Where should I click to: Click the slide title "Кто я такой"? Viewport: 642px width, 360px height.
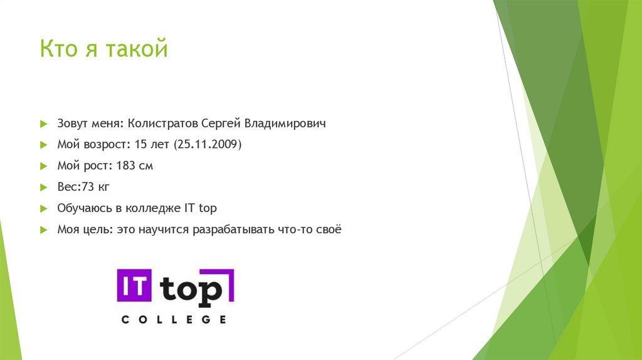tap(104, 49)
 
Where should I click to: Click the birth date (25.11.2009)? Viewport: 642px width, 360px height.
tap(207, 145)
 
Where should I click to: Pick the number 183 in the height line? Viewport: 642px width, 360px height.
tap(124, 166)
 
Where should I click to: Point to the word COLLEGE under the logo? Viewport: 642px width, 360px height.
tap(174, 320)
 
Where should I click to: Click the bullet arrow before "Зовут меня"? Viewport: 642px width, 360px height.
tap(43, 124)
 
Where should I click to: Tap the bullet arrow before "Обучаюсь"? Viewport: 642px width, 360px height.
tap(43, 208)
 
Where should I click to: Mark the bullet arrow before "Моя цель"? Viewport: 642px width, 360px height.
tap(43, 230)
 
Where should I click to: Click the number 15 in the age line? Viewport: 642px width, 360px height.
tap(140, 145)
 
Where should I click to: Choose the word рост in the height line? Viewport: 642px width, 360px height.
tap(98, 166)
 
